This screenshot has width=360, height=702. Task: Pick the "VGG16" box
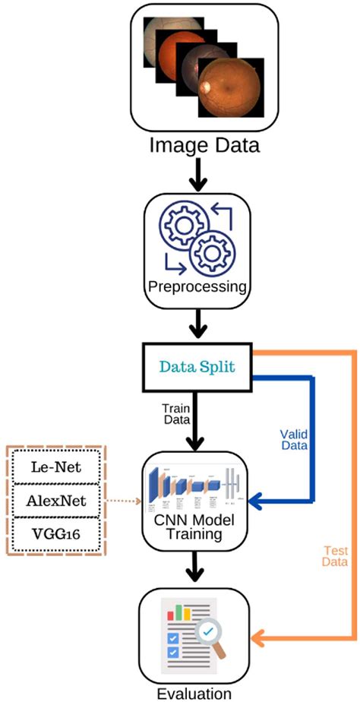click(x=58, y=536)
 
